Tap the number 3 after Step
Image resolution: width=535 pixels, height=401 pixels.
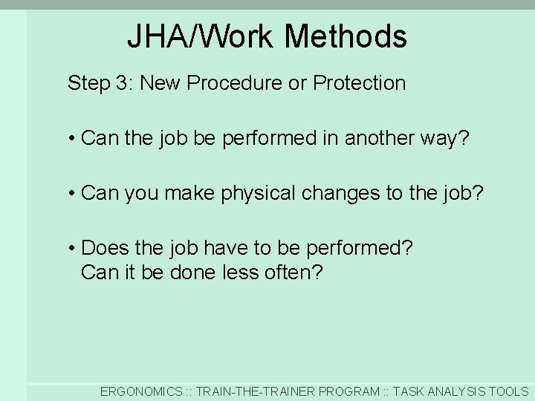(x=122, y=83)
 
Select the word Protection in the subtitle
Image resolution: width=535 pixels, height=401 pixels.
(x=360, y=83)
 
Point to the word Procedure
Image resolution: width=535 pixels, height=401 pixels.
(x=235, y=83)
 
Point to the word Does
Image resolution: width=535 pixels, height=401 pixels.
(x=103, y=248)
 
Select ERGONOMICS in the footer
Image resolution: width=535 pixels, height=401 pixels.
(x=141, y=391)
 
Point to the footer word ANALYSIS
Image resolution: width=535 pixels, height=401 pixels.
(x=458, y=391)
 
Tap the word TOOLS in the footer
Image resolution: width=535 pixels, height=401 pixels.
(x=511, y=391)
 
